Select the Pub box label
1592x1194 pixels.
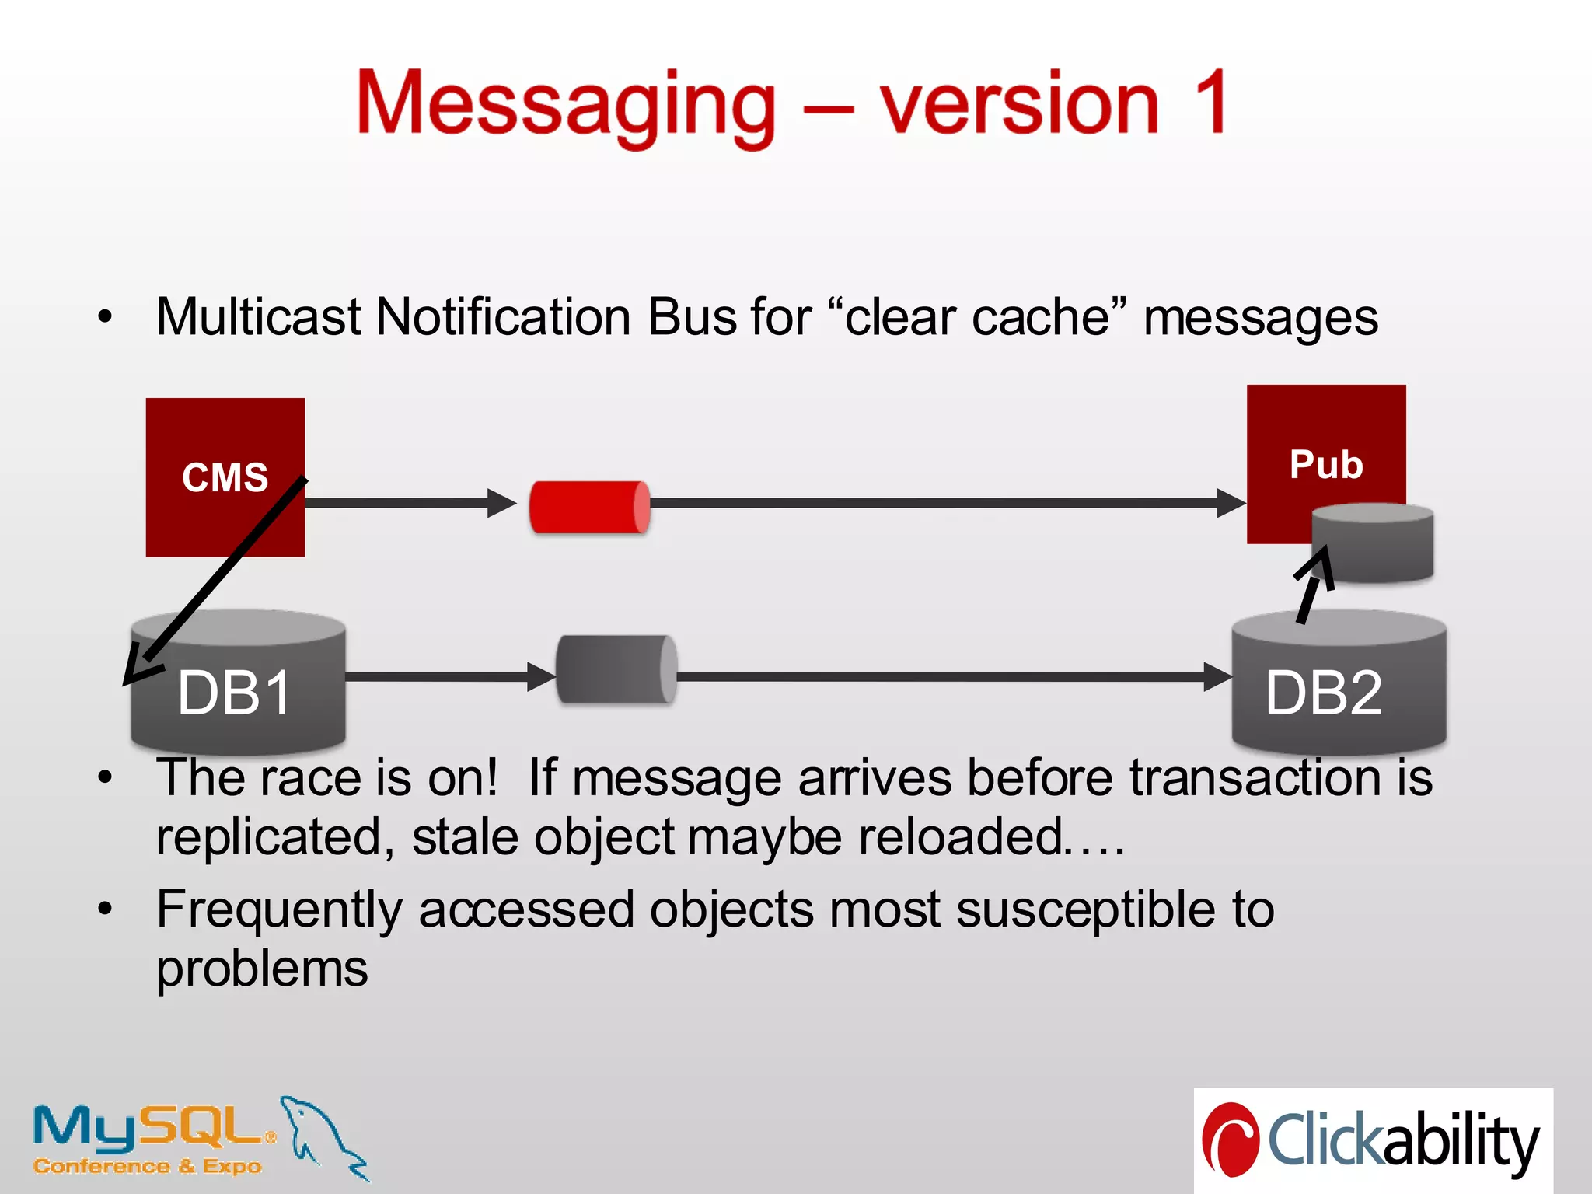pyautogui.click(x=1326, y=465)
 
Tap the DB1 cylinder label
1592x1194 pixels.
pyautogui.click(x=234, y=693)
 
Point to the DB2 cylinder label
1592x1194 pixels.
pyautogui.click(x=1324, y=693)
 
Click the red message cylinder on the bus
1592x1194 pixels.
pyautogui.click(x=589, y=507)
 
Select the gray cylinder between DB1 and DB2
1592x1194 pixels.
pyautogui.click(x=616, y=669)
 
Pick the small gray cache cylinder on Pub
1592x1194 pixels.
pyautogui.click(x=1373, y=544)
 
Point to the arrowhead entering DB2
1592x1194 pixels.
pyautogui.click(x=1216, y=676)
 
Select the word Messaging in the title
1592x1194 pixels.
pyautogui.click(x=566, y=105)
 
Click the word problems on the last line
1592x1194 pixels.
pyautogui.click(x=262, y=969)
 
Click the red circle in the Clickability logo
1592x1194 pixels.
pyautogui.click(x=1231, y=1140)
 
